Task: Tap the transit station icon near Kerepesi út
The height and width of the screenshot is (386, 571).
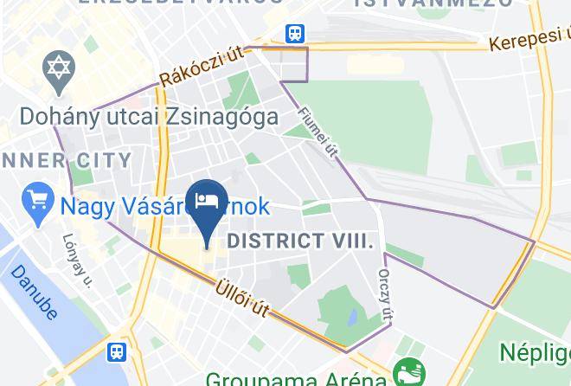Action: click(295, 34)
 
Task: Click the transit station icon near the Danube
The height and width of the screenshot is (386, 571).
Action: click(117, 352)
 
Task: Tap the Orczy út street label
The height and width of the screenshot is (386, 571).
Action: click(385, 292)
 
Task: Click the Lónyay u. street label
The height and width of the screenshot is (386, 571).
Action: click(77, 259)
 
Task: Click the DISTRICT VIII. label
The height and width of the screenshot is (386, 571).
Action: click(300, 241)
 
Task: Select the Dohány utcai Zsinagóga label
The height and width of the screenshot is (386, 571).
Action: click(148, 115)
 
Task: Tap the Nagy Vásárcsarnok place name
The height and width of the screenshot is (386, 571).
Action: click(164, 207)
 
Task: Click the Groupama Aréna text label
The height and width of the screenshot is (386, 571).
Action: click(295, 378)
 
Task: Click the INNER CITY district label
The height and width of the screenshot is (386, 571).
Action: click(66, 160)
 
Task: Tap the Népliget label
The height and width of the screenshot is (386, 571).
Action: click(535, 352)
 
